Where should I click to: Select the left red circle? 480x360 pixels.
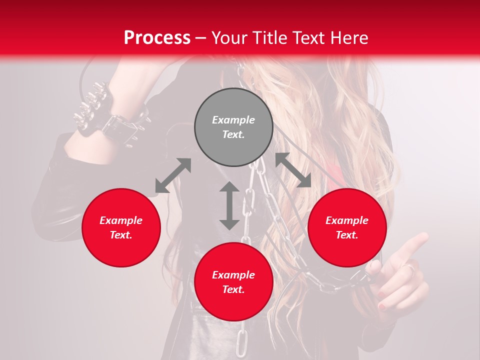click(121, 227)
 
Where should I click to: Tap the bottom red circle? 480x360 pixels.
click(233, 282)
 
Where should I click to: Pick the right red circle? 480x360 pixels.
click(347, 227)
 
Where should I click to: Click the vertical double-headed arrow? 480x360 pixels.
click(229, 205)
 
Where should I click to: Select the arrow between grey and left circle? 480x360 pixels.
click(173, 175)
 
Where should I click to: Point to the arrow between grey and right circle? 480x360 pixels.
click(293, 170)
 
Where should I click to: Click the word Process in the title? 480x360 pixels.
click(157, 37)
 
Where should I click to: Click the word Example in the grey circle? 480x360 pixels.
click(233, 120)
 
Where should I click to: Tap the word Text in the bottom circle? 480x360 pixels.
click(233, 289)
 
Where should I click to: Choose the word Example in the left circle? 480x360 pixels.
click(121, 220)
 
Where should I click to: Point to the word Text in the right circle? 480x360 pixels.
click(347, 235)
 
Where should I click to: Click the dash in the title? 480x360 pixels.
click(201, 37)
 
